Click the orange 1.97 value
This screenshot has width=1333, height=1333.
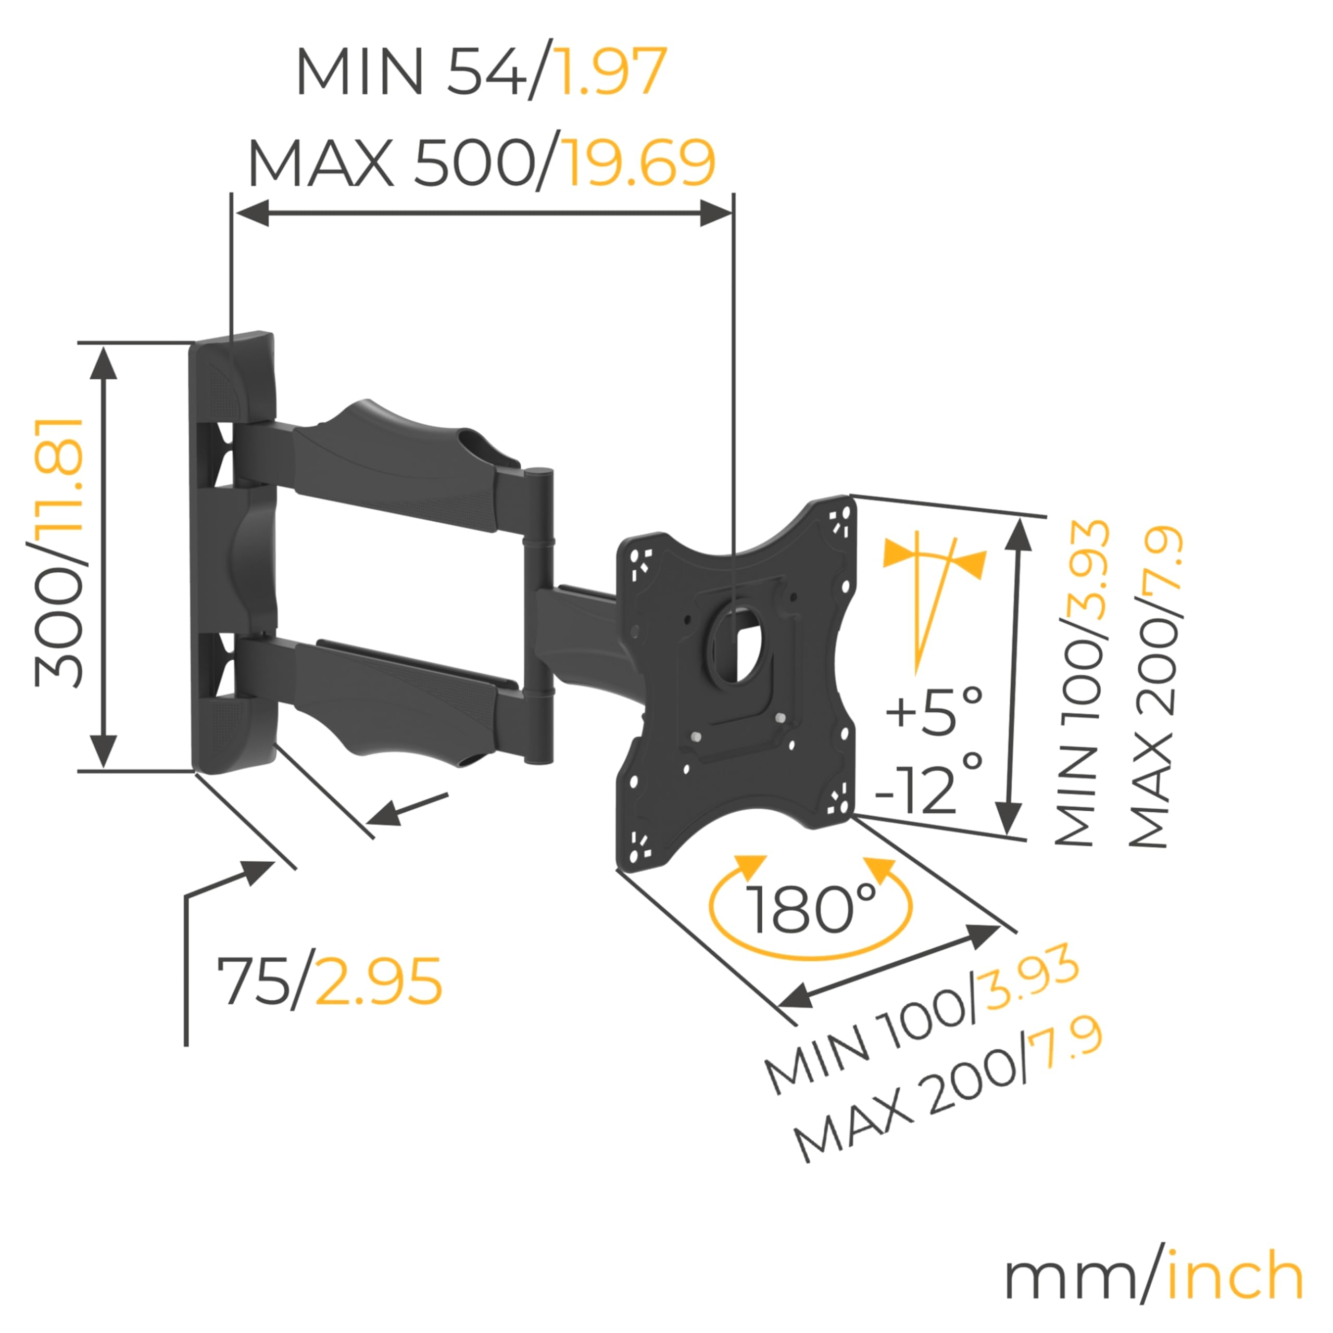pos(611,72)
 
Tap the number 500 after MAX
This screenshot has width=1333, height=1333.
pos(473,163)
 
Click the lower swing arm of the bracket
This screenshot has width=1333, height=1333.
pos(393,697)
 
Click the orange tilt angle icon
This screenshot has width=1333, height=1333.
pos(933,597)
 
